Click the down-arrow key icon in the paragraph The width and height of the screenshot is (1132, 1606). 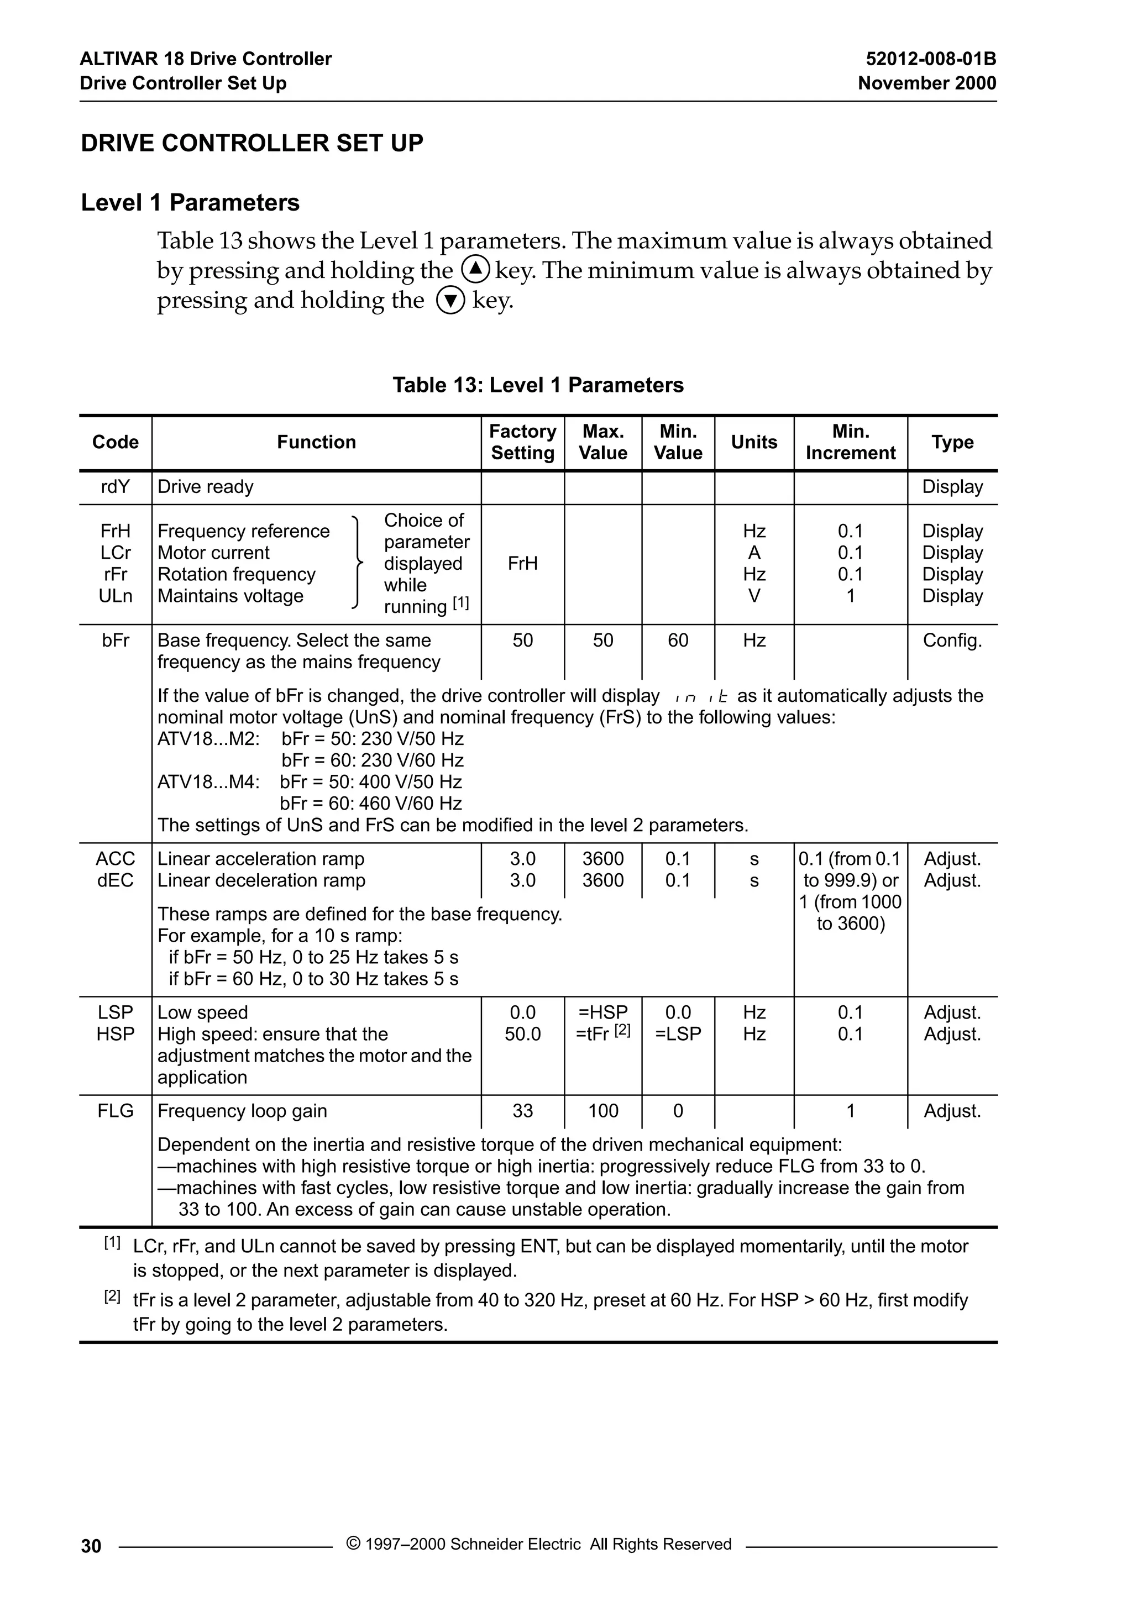coord(450,301)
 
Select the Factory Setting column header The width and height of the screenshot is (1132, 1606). coord(523,442)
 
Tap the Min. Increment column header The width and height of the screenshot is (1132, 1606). coord(850,442)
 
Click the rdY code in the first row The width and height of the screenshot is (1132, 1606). coord(116,487)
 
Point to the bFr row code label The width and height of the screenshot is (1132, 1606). coord(116,641)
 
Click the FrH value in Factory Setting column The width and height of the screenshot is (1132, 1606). coord(523,564)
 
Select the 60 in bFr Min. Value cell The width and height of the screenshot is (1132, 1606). coord(678,641)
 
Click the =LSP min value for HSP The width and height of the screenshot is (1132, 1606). coord(678,1035)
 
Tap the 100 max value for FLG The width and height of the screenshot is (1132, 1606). coord(602,1111)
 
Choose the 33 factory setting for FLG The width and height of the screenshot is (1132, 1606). coord(523,1111)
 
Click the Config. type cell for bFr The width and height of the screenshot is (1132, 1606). coord(952,641)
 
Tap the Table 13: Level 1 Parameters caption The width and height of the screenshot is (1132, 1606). coord(538,385)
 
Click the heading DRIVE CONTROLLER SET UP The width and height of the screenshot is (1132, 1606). coord(252,143)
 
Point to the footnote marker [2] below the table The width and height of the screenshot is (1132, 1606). coord(112,1296)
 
